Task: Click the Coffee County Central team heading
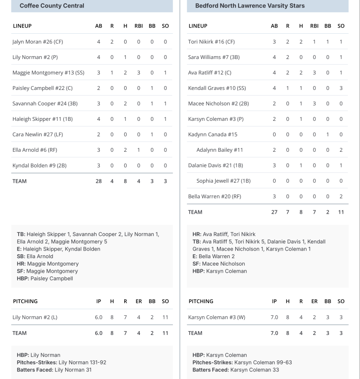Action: pyautogui.click(x=52, y=6)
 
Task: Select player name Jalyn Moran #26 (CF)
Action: pyautogui.click(x=37, y=42)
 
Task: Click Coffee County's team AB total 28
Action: pyautogui.click(x=98, y=181)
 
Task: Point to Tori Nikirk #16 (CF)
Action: pyautogui.click(x=211, y=42)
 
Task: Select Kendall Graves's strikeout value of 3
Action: pyautogui.click(x=341, y=88)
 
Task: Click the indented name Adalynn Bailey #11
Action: pyautogui.click(x=219, y=150)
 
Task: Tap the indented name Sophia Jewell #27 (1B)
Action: pyautogui.click(x=224, y=181)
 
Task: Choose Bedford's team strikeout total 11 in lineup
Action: pyautogui.click(x=341, y=212)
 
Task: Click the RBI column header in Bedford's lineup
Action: pyautogui.click(x=315, y=26)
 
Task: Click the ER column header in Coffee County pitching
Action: pyautogui.click(x=139, y=301)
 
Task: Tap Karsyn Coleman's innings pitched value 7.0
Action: pyautogui.click(x=274, y=317)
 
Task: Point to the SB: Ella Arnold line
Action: pyautogui.click(x=35, y=256)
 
